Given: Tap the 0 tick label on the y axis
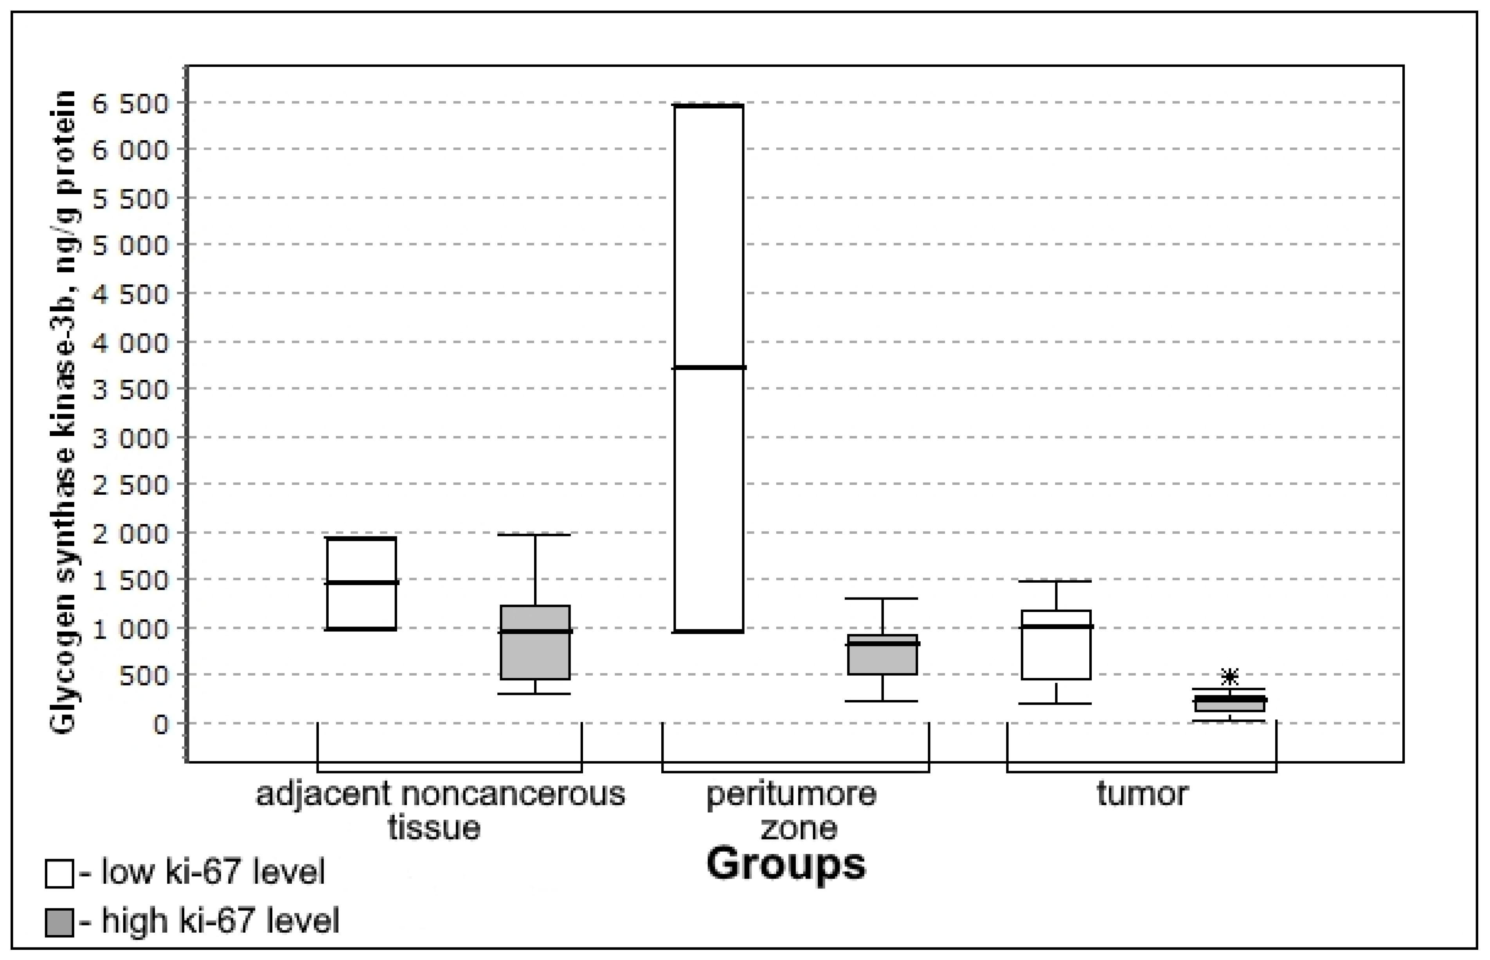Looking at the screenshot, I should pos(161,724).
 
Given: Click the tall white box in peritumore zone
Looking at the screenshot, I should pos(709,249).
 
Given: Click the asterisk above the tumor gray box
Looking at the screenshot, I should pos(1229,676).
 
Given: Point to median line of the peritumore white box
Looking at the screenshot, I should pos(709,368).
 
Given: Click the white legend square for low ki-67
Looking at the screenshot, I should pos(59,873).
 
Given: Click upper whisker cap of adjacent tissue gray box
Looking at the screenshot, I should pos(535,535).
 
